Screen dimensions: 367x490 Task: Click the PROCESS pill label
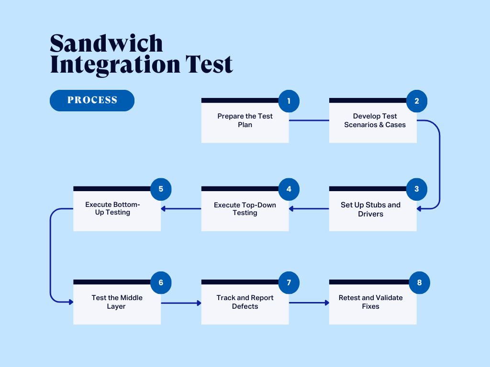92,100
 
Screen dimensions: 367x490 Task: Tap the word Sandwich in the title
106,43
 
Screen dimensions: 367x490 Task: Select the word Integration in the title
115,65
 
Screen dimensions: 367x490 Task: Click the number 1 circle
289,101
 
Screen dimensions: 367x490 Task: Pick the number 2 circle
417,101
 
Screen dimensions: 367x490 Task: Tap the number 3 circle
417,189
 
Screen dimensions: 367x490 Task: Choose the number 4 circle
289,189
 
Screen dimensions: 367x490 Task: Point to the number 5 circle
161,189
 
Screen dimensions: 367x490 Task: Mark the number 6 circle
161,282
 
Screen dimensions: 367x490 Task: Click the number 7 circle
289,282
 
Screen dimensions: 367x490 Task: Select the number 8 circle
420,282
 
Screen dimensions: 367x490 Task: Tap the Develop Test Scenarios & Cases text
375,120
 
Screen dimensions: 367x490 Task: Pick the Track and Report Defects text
245,302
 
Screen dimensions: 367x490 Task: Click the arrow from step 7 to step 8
309,302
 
